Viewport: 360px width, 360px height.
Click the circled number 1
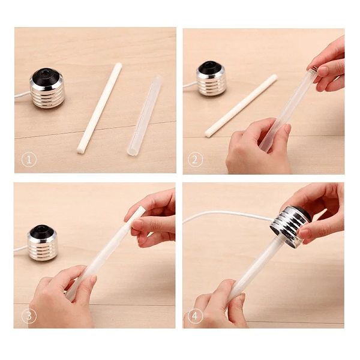click(x=29, y=160)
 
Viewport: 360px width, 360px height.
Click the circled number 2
click(x=195, y=160)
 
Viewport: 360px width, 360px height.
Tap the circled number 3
click(x=29, y=316)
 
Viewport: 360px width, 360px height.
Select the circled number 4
click(x=195, y=316)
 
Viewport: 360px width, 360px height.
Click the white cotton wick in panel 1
click(x=100, y=108)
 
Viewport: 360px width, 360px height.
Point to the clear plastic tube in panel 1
click(x=145, y=115)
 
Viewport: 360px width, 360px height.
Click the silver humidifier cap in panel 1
click(x=47, y=88)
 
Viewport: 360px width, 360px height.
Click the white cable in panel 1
click(x=22, y=95)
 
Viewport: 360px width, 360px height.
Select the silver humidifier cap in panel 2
click(x=211, y=79)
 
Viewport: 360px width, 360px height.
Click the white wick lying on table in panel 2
click(x=241, y=106)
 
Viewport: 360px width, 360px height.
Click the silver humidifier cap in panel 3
click(x=42, y=243)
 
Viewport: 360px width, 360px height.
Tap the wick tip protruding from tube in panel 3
click(x=140, y=211)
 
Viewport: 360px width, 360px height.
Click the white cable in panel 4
click(x=227, y=215)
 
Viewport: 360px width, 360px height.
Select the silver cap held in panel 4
click(x=290, y=226)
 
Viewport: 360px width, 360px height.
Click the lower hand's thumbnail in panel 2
click(x=287, y=128)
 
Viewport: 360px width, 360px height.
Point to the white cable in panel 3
click(x=21, y=248)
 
